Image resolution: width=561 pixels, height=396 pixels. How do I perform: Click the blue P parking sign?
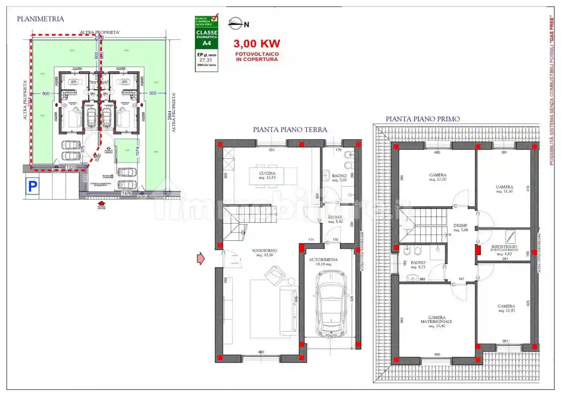coord(32,186)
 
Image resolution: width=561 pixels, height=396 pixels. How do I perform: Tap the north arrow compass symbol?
coord(236,24)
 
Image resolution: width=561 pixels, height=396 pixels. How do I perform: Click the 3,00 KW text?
coord(256,44)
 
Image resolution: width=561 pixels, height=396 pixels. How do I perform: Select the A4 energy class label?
coord(207,43)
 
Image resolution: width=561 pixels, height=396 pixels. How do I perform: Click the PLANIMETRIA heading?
coord(40,19)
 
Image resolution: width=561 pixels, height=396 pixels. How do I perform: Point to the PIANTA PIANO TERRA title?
coord(290,129)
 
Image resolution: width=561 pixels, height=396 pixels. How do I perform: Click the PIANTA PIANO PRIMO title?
coord(422,119)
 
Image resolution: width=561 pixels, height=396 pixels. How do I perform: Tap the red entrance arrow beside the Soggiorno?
coord(200,259)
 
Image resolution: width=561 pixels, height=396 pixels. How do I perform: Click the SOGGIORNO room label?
coord(265,251)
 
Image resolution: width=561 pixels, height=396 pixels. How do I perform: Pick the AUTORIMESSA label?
coord(323,259)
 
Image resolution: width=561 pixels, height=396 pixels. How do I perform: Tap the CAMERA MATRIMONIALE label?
coord(436,319)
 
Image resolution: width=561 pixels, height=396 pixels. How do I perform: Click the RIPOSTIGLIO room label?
coord(504,247)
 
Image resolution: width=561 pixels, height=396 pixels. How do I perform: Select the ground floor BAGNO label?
coord(339,176)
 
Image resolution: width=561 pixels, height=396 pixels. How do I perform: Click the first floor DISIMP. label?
coord(461,226)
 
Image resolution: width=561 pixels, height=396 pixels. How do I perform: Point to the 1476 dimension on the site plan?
coord(126,193)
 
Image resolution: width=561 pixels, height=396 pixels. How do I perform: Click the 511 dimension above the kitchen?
coord(271,150)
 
